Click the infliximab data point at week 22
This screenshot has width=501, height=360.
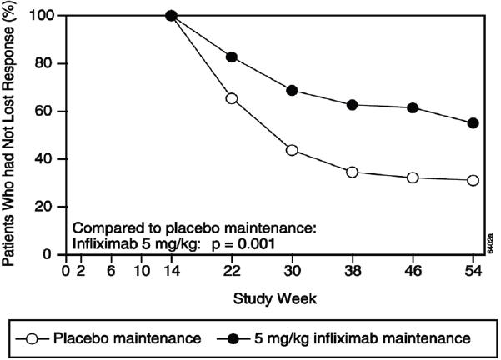click(232, 57)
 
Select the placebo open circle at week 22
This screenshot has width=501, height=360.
click(232, 98)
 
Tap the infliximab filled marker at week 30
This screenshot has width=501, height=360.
click(292, 90)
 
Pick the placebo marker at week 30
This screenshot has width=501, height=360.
click(292, 150)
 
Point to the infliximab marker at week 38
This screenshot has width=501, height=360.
click(352, 105)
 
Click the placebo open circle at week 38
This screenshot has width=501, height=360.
click(352, 172)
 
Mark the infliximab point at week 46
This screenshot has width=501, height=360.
click(413, 107)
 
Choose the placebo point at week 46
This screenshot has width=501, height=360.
click(413, 177)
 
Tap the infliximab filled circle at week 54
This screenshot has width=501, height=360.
click(473, 123)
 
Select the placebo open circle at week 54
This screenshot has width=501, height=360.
click(473, 180)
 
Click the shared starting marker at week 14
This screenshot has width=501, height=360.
click(172, 15)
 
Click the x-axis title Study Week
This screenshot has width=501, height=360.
click(269, 296)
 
